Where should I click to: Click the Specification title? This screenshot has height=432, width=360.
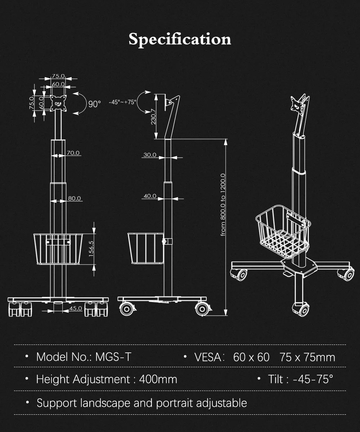180,39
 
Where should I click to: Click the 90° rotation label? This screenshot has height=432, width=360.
95,104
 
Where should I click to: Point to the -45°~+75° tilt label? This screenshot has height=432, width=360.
122,102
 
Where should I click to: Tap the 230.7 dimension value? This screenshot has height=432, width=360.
153,116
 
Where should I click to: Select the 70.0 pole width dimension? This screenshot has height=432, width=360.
73,153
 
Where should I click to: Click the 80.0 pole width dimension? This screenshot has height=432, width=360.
75,198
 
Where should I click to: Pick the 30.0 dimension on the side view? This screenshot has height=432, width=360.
150,155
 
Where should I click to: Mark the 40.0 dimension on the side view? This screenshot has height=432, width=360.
150,196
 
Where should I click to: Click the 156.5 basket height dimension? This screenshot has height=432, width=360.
91,248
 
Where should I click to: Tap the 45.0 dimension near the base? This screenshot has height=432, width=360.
76,308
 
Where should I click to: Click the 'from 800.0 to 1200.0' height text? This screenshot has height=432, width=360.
223,205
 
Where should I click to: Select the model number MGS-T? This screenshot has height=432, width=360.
113,357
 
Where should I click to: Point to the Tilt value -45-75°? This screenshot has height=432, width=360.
313,379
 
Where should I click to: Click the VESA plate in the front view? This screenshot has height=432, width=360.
58,102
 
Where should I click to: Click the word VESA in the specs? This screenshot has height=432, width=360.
207,357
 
